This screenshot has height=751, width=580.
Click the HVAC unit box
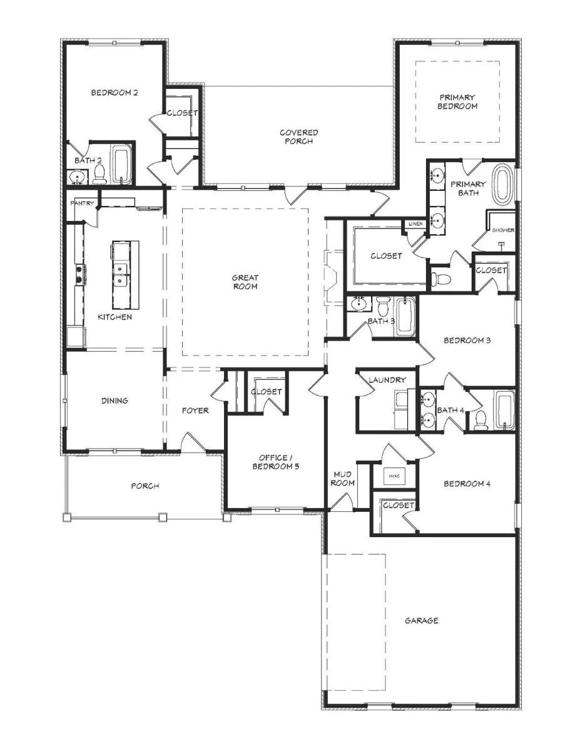[395, 476]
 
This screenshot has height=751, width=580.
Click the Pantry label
[82, 203]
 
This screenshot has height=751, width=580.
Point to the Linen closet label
[415, 223]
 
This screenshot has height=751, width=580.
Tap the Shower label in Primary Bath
[503, 230]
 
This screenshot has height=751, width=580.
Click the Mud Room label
[343, 478]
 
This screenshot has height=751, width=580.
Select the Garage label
[422, 620]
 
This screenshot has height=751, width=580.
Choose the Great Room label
[245, 282]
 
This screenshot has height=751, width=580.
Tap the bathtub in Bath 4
[506, 410]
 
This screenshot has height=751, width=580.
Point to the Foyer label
[195, 410]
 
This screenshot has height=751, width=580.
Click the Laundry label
[387, 380]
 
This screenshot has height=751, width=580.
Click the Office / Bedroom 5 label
[276, 462]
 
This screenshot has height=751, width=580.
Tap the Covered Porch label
[299, 136]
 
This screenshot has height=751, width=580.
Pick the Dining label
[114, 401]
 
